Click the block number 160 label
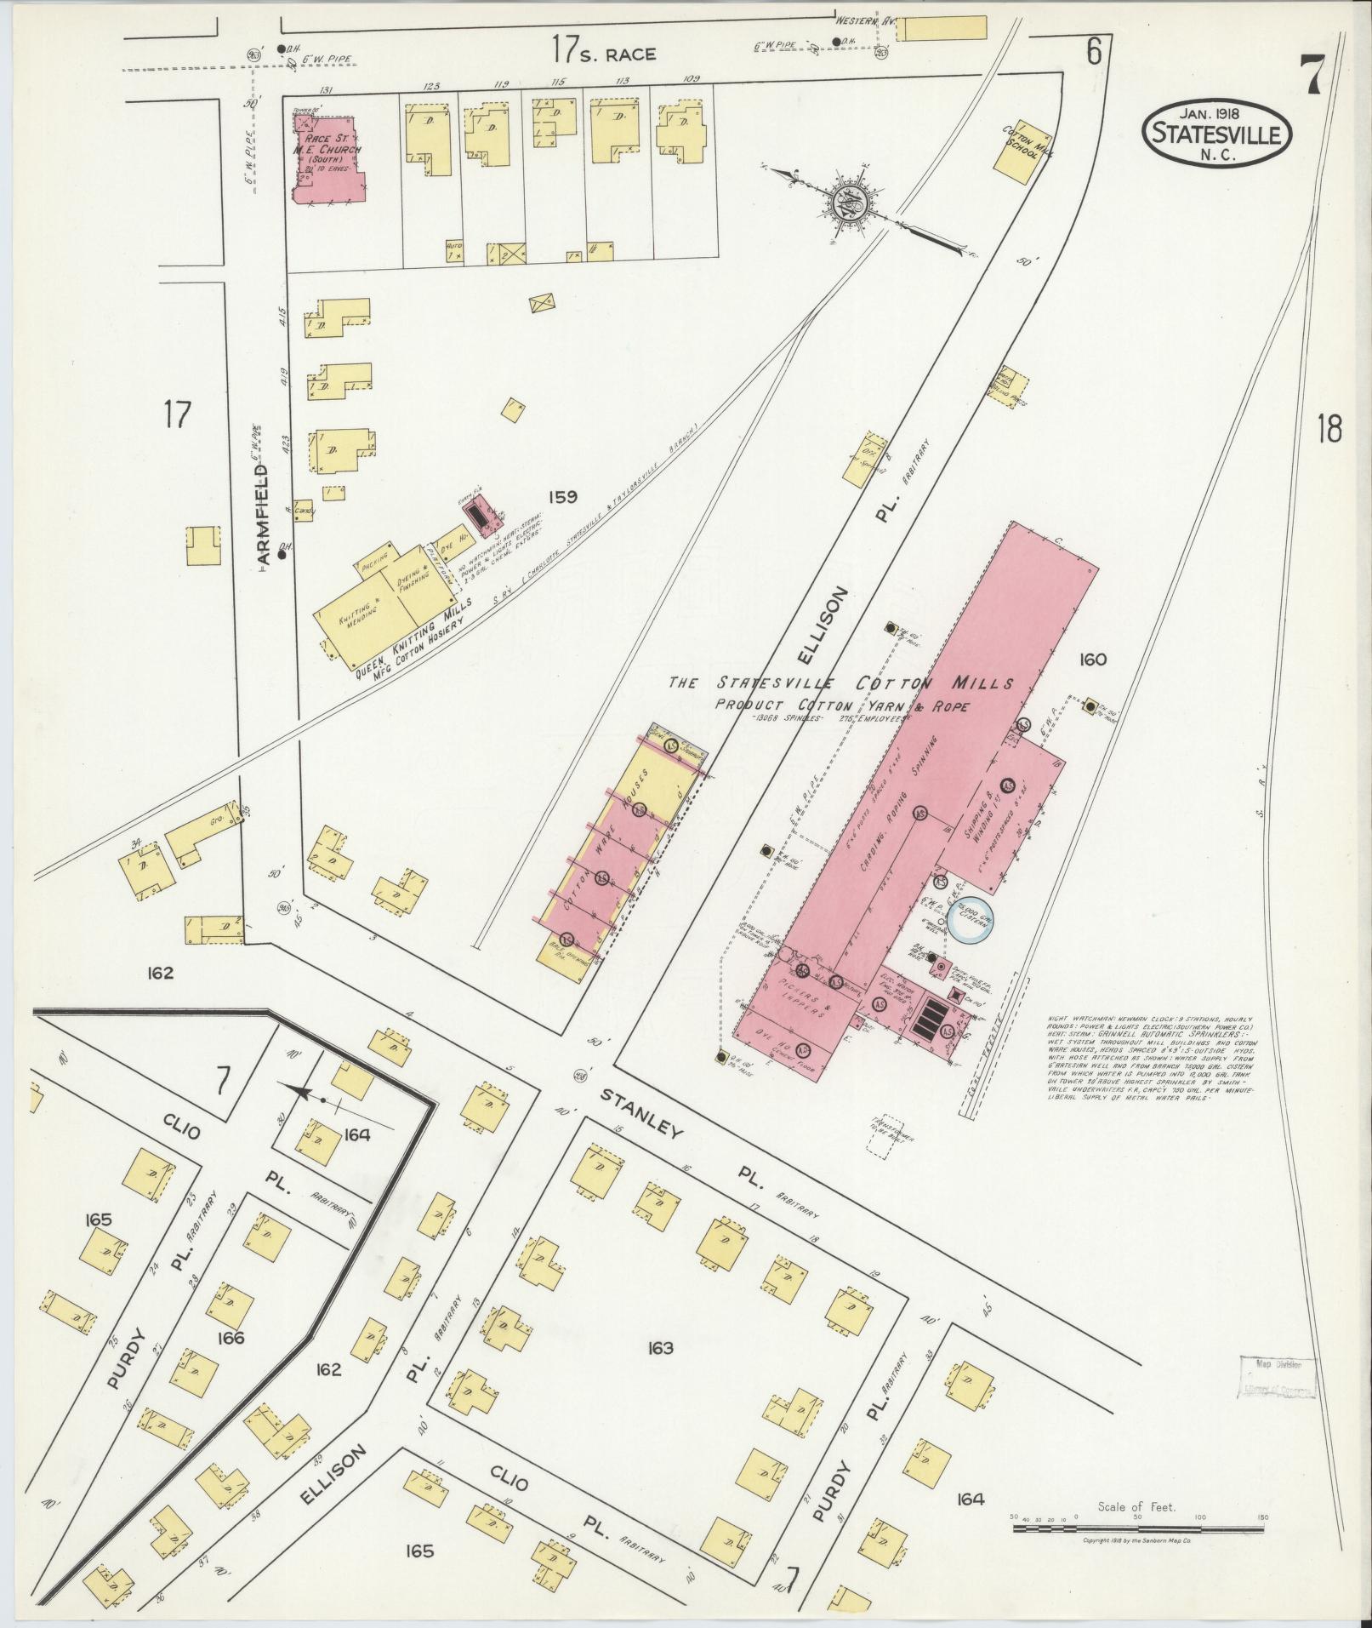click(1093, 659)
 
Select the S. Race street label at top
click(604, 52)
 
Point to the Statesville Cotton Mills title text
click(840, 683)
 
